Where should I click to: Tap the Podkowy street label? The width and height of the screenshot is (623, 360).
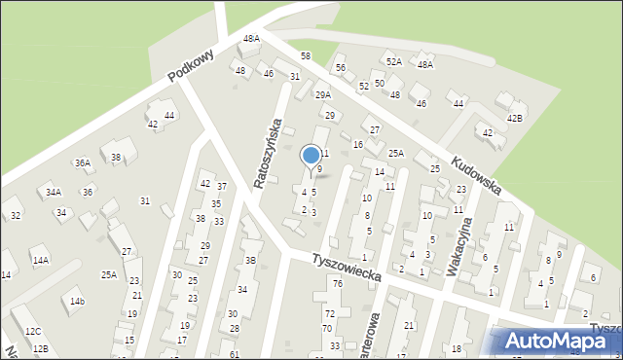(190, 67)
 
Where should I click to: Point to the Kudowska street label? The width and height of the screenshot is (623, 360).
(475, 173)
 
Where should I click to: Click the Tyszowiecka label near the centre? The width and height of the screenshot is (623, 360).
(347, 270)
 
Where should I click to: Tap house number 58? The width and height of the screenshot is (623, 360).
(305, 56)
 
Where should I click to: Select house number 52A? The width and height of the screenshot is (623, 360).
(393, 61)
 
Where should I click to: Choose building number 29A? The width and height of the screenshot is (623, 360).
(322, 94)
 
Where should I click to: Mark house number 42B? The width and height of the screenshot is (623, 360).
(513, 118)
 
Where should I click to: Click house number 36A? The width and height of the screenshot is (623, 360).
(83, 163)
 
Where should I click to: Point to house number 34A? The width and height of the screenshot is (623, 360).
(53, 192)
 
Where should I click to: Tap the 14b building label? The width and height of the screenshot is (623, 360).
(76, 302)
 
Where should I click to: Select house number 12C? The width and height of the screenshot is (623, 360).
(33, 333)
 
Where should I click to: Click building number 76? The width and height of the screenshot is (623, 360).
(337, 284)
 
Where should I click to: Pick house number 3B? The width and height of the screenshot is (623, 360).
(250, 260)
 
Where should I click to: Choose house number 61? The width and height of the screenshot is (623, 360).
(234, 354)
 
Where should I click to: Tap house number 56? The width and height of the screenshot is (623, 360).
(341, 67)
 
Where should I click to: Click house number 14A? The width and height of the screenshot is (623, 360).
(40, 261)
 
